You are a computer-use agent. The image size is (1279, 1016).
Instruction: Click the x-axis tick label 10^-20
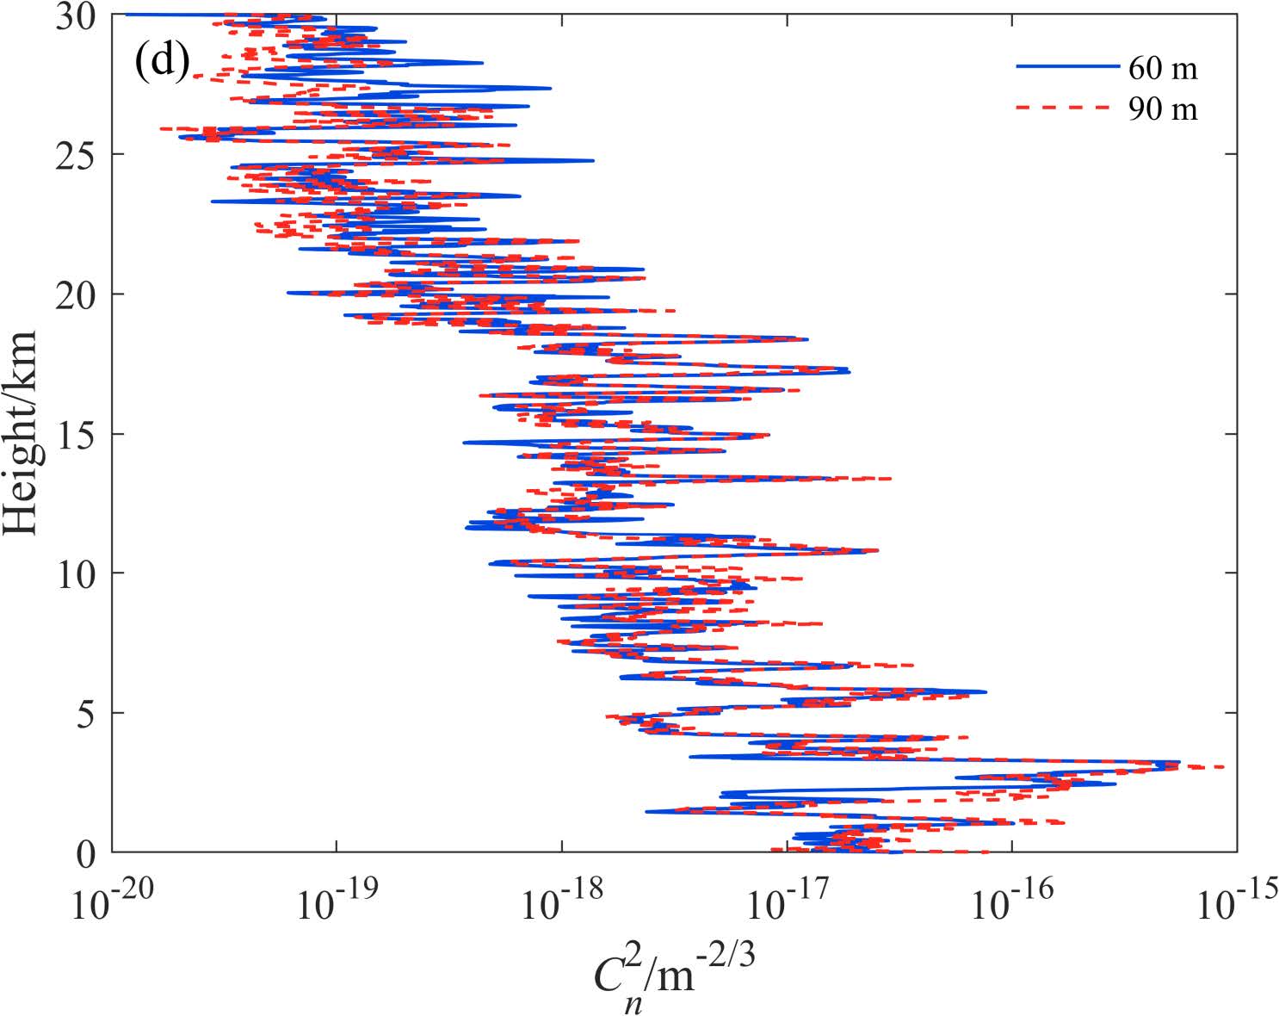point(114,901)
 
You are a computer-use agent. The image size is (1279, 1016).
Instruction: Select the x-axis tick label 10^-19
point(338,901)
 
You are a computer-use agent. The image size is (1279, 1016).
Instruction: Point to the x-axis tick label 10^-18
point(563,901)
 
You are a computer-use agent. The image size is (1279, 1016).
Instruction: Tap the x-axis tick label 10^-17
point(788,901)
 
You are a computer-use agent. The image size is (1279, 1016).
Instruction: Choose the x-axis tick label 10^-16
point(1013,901)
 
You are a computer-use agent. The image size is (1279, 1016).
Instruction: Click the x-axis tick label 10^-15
point(1237,901)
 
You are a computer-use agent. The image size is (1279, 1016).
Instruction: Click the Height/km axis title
point(21,433)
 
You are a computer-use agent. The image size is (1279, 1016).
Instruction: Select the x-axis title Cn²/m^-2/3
point(674,977)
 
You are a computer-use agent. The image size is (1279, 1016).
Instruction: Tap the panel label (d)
point(161,63)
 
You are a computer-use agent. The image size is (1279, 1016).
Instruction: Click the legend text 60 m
point(1163,67)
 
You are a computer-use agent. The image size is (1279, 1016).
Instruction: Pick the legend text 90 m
point(1163,108)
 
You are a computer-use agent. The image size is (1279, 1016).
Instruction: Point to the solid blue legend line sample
point(1067,66)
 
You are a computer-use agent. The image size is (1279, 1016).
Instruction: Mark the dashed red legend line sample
point(1067,108)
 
